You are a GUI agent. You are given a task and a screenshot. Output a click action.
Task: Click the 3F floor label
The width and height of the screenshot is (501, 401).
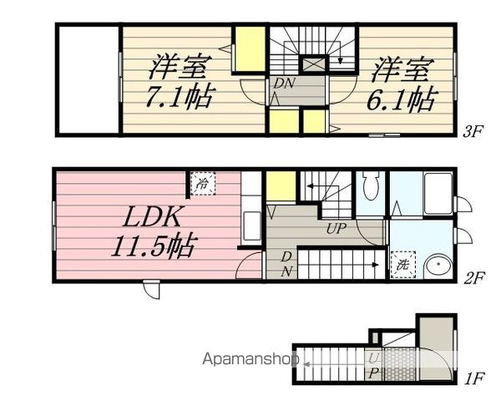pyautogui.click(x=473, y=130)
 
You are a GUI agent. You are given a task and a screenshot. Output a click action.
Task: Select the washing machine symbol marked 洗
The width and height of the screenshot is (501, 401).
pyautogui.click(x=403, y=264)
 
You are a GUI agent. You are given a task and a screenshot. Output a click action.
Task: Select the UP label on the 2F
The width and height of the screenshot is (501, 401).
pyautogui.click(x=337, y=227)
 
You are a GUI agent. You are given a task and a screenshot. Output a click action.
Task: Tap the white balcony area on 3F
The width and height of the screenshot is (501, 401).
pyautogui.click(x=89, y=79)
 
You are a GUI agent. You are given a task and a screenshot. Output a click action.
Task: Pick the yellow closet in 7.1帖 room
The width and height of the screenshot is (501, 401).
pyautogui.click(x=247, y=51)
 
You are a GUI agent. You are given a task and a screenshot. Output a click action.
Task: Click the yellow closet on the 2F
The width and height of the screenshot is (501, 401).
pyautogui.click(x=281, y=185)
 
